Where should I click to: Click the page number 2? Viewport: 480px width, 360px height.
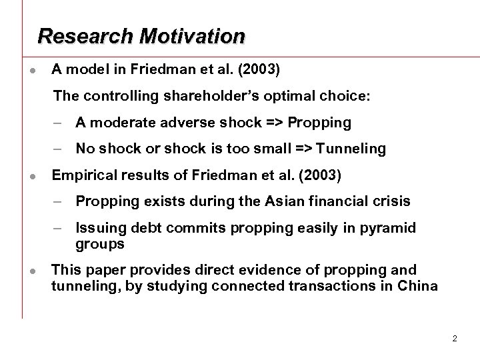(454, 339)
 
